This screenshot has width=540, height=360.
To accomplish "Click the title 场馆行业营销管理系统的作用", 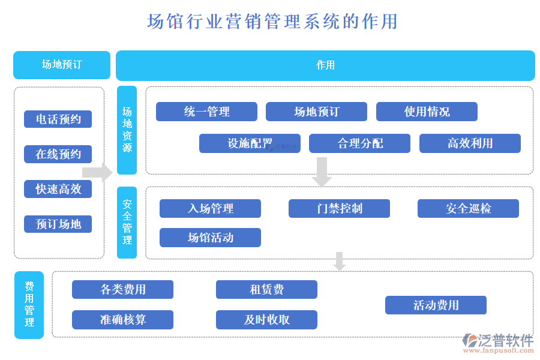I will coord(272,22).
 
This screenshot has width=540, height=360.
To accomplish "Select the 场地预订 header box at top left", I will coord(62,65).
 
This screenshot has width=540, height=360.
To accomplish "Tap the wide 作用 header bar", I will coord(325,65).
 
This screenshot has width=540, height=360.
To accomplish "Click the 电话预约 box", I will coord(58,119).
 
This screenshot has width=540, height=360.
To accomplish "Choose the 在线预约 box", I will coord(58,154).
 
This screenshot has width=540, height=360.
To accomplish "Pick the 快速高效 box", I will coord(58,189).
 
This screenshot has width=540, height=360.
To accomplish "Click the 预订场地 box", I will coord(58,224).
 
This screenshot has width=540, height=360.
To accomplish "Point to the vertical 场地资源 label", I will coord(127,130).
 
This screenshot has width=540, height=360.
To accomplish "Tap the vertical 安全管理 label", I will coord(127,222).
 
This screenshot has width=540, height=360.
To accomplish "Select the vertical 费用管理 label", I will coord(29,304).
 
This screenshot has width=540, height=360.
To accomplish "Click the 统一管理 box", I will coord(206,112).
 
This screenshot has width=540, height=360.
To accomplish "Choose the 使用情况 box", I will coord(427,112).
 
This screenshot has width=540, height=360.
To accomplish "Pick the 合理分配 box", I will coord(359,143).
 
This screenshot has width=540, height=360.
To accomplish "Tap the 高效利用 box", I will coord(470,143).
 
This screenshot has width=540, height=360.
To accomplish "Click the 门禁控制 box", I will coord(339,208).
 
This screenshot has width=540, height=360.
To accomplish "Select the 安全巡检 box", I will coord(468,208).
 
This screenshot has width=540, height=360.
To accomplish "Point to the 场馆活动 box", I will coord(210,238).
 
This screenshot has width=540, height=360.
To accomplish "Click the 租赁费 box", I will coord(266,289).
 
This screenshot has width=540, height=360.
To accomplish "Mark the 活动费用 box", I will coord(436,305).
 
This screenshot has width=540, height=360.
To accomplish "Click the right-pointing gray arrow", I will coord(97,173).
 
